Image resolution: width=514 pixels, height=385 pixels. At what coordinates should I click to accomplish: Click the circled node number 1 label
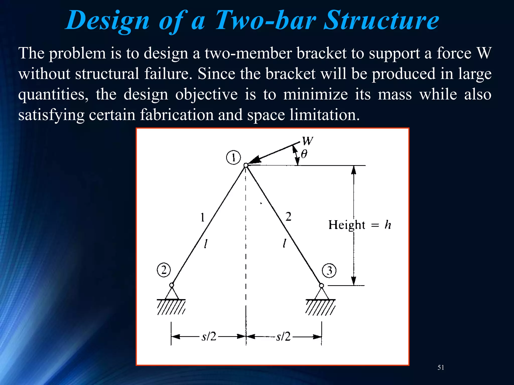(233, 158)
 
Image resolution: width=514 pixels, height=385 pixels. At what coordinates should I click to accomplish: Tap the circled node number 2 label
(164, 270)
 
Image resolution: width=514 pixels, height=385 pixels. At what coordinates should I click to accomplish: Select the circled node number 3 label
(329, 271)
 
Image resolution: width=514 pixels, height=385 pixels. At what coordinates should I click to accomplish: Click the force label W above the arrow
(307, 141)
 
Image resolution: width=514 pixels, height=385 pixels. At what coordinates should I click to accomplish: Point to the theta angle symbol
(304, 154)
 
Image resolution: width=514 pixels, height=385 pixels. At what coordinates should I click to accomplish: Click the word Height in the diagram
(347, 225)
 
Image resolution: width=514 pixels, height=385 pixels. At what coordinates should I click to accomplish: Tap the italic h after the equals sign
(388, 225)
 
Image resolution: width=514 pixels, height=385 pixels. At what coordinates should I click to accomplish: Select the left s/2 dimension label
(209, 336)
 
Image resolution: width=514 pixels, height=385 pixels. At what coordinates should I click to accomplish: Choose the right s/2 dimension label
(283, 336)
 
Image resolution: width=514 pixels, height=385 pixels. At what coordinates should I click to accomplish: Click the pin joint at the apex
(246, 165)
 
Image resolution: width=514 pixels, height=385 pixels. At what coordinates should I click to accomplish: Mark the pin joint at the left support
(172, 285)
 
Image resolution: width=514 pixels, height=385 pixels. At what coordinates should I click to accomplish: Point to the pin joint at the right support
(322, 285)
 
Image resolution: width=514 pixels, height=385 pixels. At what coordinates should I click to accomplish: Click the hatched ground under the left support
(171, 307)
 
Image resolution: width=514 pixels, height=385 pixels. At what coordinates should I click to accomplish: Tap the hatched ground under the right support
(320, 307)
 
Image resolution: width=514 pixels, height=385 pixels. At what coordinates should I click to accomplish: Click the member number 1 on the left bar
(203, 217)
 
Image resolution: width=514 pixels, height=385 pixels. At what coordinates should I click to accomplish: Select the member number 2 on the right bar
(288, 217)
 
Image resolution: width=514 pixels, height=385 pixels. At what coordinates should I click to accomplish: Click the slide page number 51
(441, 367)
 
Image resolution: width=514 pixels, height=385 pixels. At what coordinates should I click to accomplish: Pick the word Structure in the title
(381, 21)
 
